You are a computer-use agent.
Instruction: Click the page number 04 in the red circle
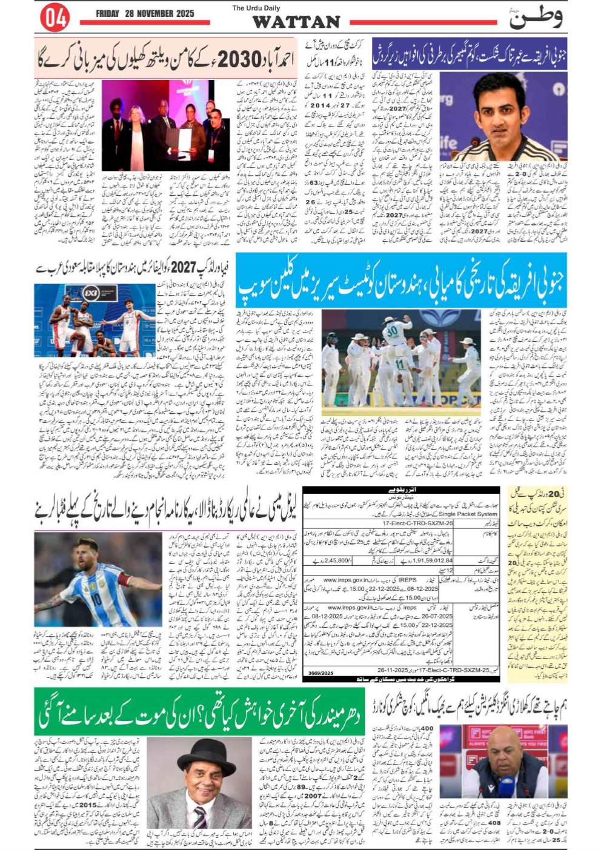click(x=55, y=18)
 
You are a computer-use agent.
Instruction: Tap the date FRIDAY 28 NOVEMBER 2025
click(x=144, y=13)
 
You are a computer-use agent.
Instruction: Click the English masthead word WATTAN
click(x=296, y=22)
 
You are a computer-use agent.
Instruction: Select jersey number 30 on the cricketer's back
click(x=391, y=331)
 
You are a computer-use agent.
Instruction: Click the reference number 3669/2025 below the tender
click(x=320, y=673)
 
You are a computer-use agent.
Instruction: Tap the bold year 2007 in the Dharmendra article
click(x=313, y=795)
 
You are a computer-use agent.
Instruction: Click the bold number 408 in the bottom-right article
click(x=494, y=823)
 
